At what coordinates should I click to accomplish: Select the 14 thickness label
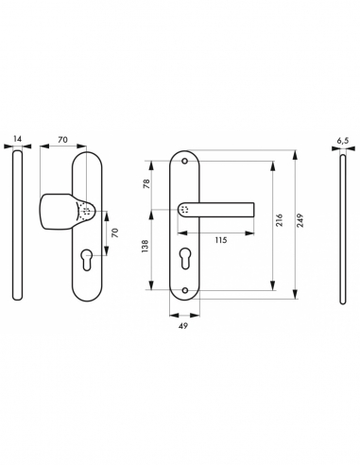click(x=17, y=139)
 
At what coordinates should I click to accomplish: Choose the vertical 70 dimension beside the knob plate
click(x=114, y=232)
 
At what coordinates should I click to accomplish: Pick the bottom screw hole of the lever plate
click(x=185, y=290)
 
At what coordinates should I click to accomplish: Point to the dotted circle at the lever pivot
click(x=185, y=210)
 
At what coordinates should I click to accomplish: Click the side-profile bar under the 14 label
click(x=17, y=228)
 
